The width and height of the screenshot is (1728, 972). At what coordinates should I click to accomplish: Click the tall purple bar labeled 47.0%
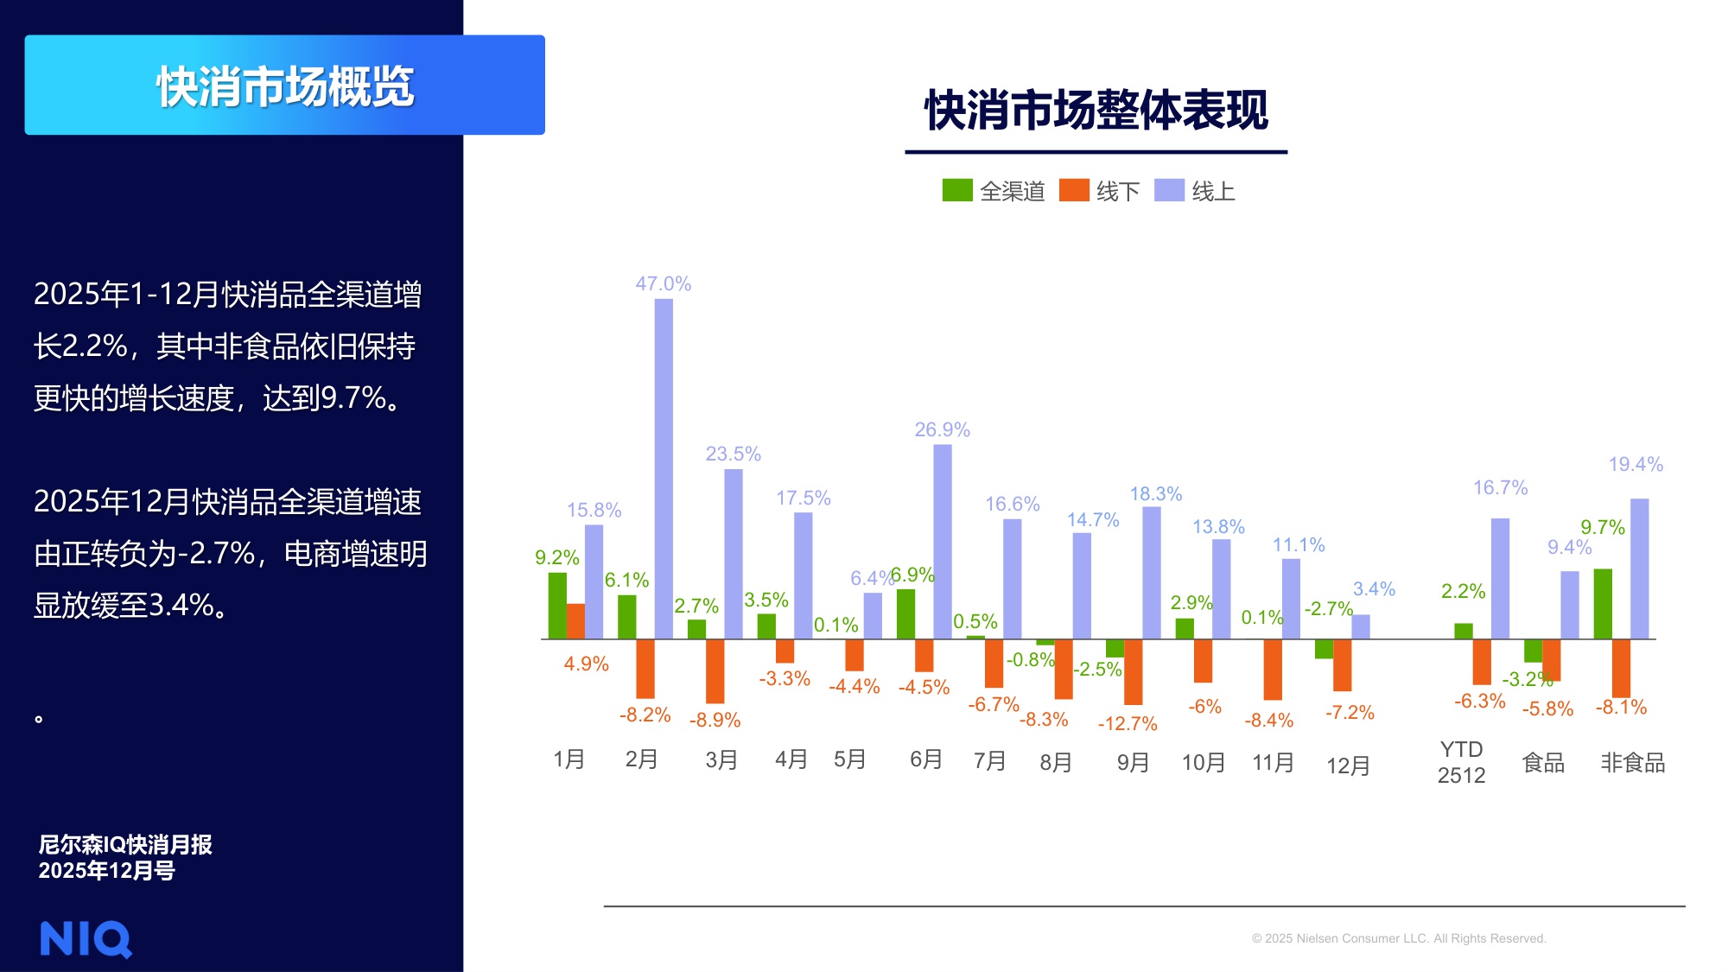tap(663, 468)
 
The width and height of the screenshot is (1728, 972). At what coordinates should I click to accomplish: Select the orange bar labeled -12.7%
tap(1133, 671)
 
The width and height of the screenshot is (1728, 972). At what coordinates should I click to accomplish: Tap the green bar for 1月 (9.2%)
tap(557, 606)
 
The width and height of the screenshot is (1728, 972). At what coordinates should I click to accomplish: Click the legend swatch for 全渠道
tap(956, 190)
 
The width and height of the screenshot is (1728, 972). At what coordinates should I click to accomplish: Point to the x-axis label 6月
tap(925, 759)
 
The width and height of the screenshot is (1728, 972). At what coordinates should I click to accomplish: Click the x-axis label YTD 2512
tap(1461, 762)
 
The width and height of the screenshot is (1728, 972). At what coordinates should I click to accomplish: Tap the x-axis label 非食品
tap(1632, 763)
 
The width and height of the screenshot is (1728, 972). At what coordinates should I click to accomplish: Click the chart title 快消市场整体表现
tap(1096, 111)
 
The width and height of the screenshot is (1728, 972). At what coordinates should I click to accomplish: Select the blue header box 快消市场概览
tap(284, 85)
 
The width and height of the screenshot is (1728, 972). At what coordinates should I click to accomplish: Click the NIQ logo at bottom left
tap(86, 939)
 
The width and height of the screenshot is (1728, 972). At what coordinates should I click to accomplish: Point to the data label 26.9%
tap(942, 429)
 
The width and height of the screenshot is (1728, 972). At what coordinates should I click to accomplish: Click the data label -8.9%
tap(715, 720)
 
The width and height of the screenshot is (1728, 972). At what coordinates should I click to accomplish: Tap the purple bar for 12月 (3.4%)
tap(1361, 626)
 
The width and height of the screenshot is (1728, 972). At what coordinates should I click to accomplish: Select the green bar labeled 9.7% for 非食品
tap(1603, 604)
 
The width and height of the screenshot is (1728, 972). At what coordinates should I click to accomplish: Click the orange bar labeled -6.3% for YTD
tap(1481, 661)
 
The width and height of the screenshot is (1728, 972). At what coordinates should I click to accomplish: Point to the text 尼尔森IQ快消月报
tap(125, 844)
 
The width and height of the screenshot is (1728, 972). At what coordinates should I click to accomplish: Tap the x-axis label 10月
tap(1203, 763)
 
